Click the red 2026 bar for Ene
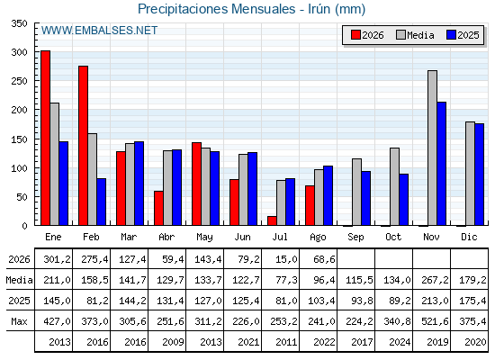[45, 138]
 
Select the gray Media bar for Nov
[432, 148]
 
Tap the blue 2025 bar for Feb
[101, 202]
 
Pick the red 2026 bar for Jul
[272, 220]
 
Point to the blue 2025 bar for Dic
[479, 175]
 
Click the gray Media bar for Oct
[395, 186]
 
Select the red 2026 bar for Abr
[158, 208]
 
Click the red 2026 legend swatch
[355, 35]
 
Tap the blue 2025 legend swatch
[451, 35]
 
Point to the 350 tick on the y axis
[19, 23]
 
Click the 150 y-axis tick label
[19, 139]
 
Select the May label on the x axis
[204, 238]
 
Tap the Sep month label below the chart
[355, 238]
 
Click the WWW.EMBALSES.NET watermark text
[99, 31]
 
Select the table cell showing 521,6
[435, 321]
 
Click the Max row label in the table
[19, 321]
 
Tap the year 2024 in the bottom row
[400, 342]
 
